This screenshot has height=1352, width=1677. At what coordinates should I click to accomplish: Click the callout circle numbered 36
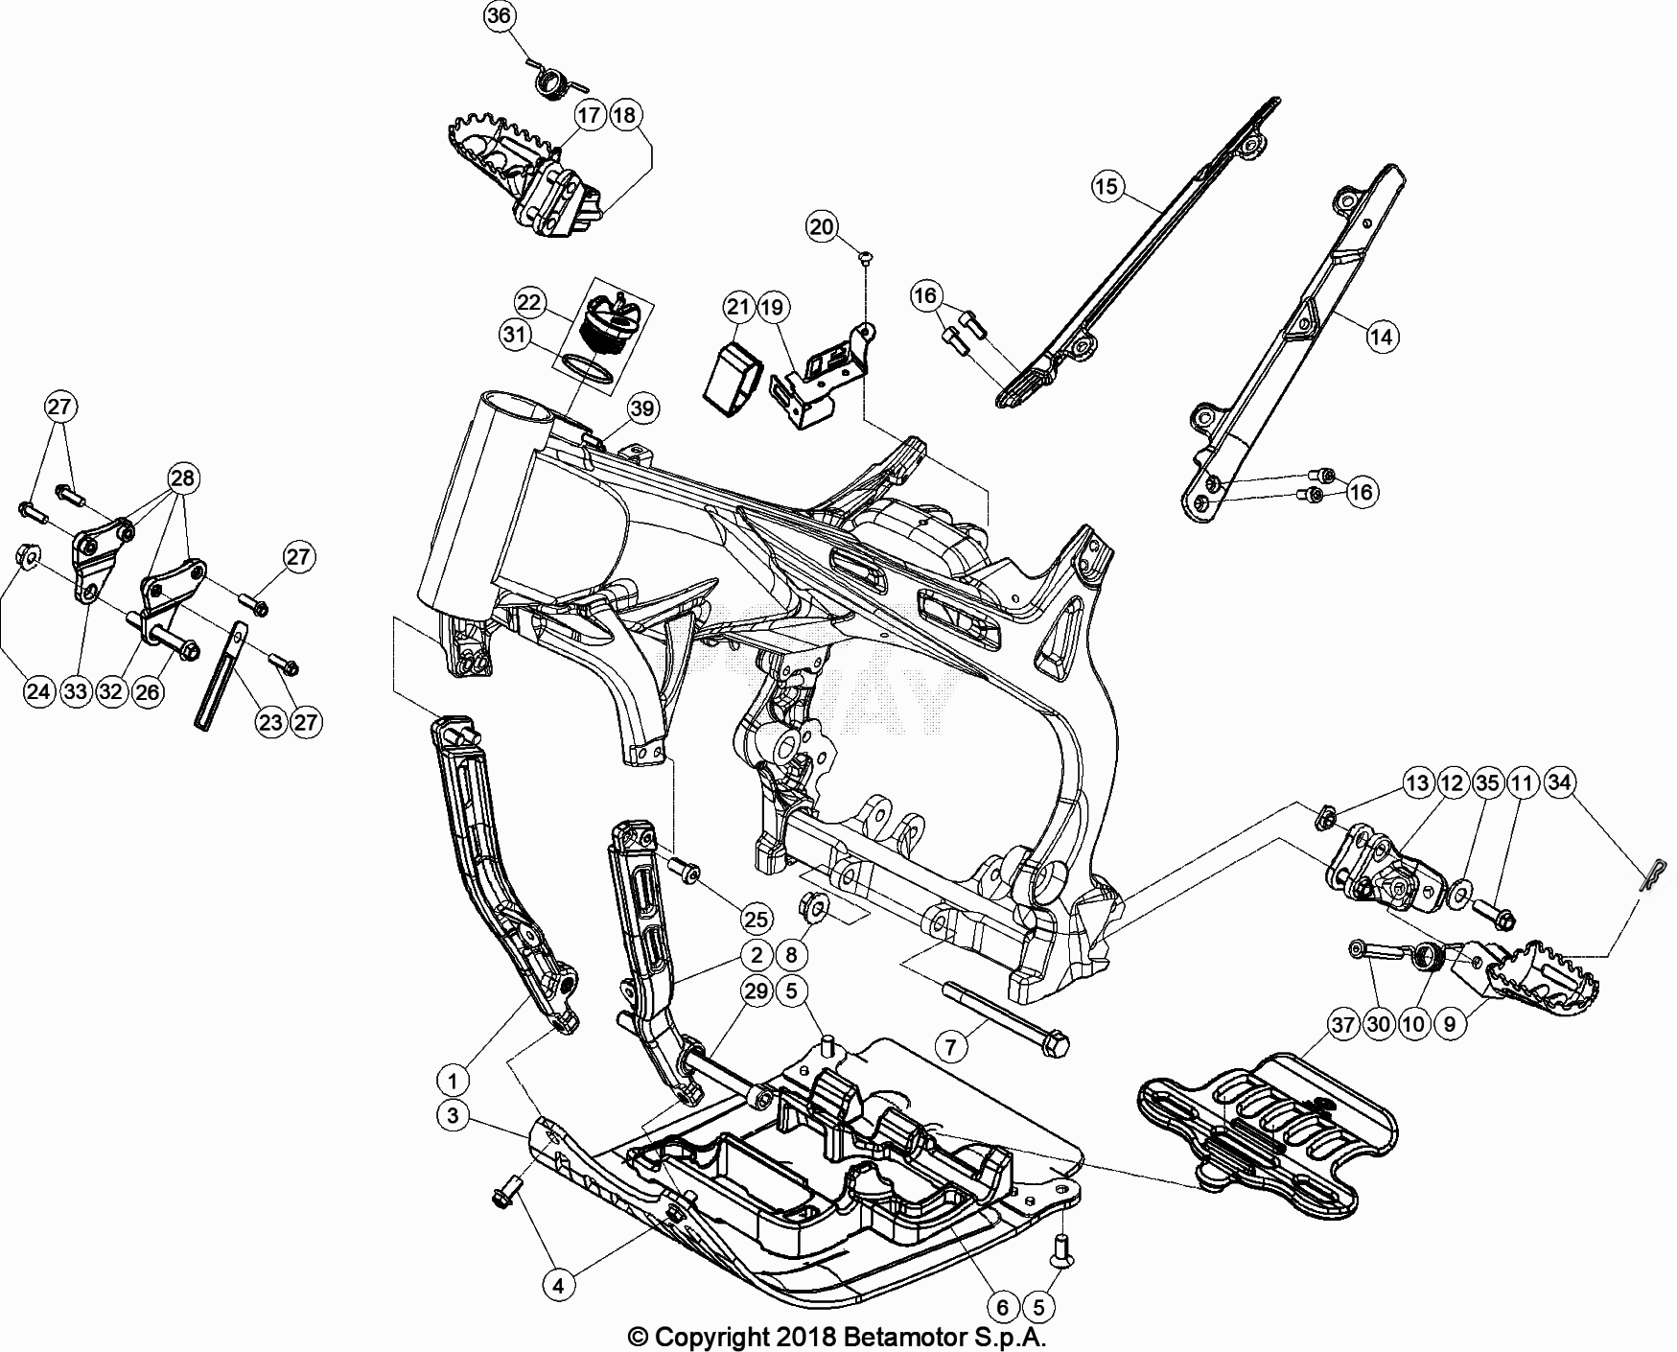click(500, 16)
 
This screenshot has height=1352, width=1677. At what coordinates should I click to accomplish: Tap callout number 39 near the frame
click(641, 409)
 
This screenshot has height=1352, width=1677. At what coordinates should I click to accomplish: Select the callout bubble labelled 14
click(1381, 337)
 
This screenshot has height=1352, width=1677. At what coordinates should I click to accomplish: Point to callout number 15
click(1106, 186)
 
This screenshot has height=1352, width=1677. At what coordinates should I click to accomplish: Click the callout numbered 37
click(1343, 1025)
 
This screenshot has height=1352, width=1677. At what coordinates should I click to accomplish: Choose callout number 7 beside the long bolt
click(950, 1045)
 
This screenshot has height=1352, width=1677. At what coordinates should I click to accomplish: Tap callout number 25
click(757, 921)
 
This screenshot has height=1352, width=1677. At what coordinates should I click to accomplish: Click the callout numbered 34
click(1559, 783)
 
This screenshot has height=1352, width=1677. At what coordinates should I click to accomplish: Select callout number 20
click(822, 227)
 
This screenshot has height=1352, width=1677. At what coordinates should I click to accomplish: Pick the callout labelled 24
click(38, 692)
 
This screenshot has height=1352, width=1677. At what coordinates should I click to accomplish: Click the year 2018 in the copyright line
click(806, 1337)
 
